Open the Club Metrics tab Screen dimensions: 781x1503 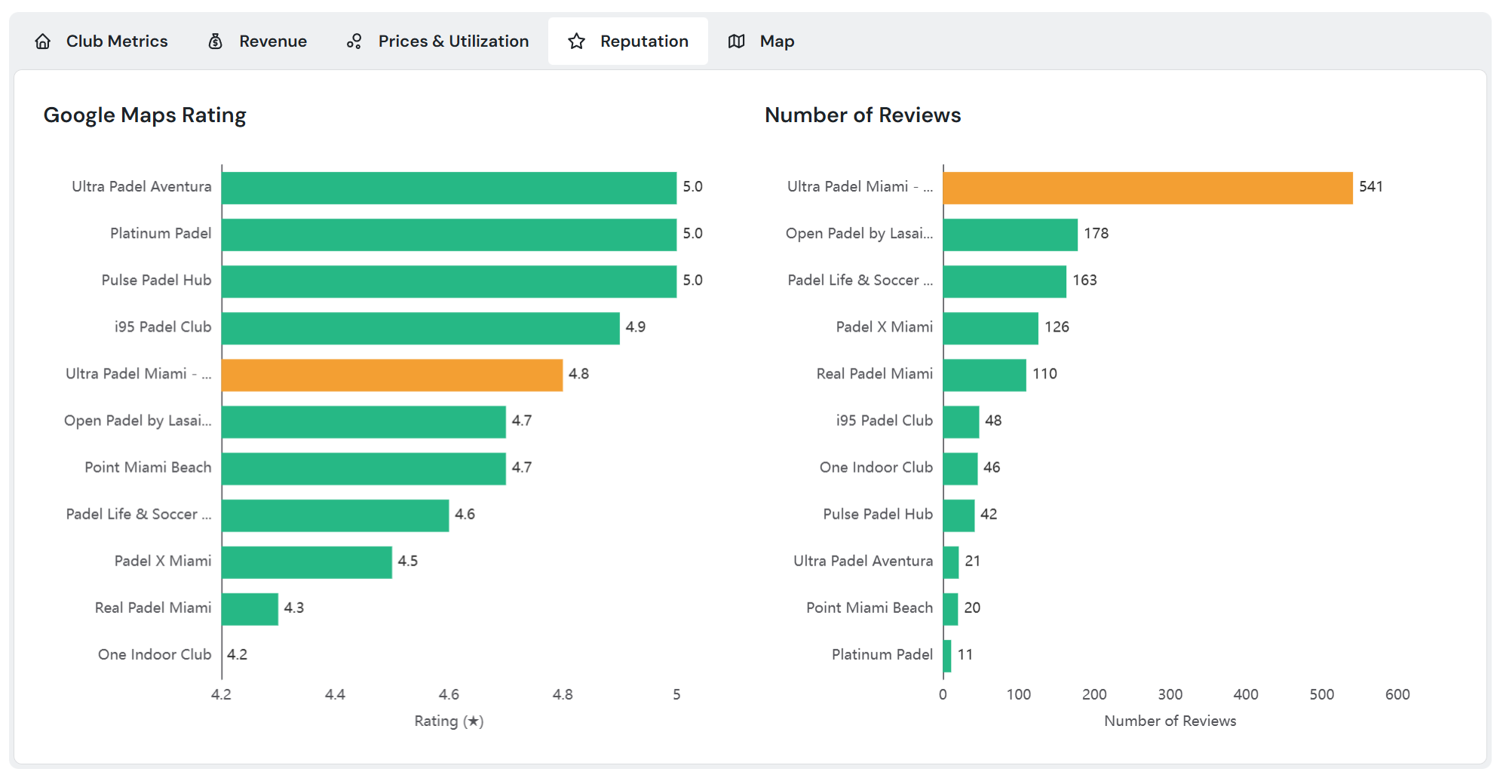(102, 41)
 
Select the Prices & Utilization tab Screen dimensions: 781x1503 (437, 41)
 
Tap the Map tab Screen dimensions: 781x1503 (762, 41)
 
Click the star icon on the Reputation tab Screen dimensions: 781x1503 (577, 41)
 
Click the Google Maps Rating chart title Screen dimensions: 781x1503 (145, 115)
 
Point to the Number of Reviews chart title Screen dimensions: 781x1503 (863, 115)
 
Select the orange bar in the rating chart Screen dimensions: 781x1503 (392, 375)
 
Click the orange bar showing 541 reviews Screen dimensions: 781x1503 (1147, 188)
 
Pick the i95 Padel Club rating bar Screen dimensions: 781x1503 (420, 328)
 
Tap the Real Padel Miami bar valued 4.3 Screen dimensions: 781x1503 (250, 609)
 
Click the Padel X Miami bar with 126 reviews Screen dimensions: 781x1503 (990, 328)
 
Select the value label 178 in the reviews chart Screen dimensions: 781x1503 (1096, 234)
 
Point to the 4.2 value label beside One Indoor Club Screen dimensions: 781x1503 (238, 655)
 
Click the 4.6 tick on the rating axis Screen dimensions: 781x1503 (449, 694)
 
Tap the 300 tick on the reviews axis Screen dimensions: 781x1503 (1170, 694)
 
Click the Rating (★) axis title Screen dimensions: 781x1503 (449, 721)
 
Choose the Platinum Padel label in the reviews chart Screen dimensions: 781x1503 (882, 655)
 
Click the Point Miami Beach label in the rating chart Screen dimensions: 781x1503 (148, 467)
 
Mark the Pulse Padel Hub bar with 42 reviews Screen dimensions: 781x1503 (959, 516)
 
